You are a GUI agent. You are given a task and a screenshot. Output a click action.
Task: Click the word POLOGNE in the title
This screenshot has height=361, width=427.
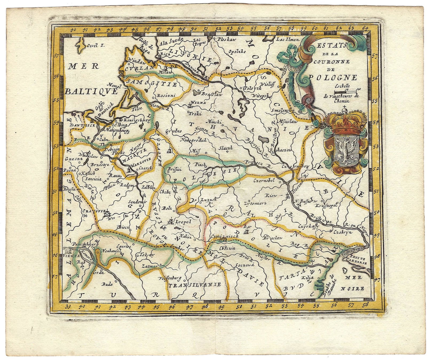pyautogui.click(x=333, y=78)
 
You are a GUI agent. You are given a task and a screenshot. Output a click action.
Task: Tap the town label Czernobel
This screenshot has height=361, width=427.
pyautogui.click(x=264, y=180)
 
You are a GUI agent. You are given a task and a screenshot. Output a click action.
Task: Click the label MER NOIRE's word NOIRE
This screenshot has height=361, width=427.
pyautogui.click(x=356, y=289)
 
